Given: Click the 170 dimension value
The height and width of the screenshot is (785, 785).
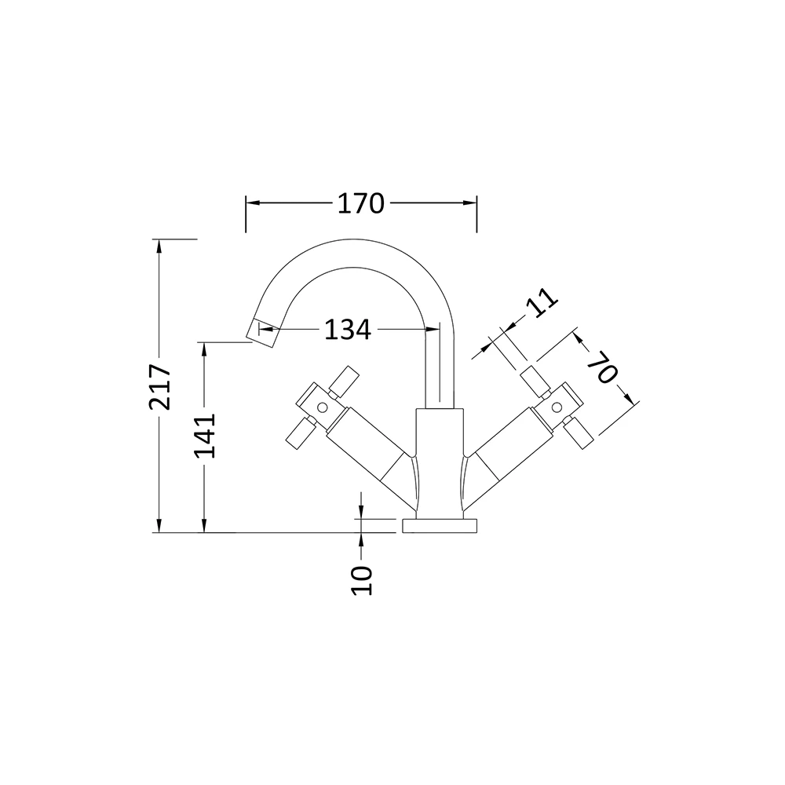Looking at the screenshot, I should pyautogui.click(x=361, y=204).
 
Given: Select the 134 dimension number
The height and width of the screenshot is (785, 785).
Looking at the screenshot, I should pyautogui.click(x=347, y=330).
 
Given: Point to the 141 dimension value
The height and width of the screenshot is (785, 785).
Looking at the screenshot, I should pyautogui.click(x=204, y=435).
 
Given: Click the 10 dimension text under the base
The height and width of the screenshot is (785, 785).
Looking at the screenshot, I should pyautogui.click(x=362, y=580).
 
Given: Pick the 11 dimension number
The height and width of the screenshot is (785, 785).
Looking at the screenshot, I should pyautogui.click(x=540, y=302).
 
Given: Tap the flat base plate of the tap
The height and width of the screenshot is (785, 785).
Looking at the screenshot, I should pyautogui.click(x=439, y=526).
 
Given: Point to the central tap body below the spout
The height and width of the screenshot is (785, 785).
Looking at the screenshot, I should pyautogui.click(x=439, y=463).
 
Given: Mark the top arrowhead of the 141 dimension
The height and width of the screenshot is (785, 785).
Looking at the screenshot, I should pyautogui.click(x=204, y=346).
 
